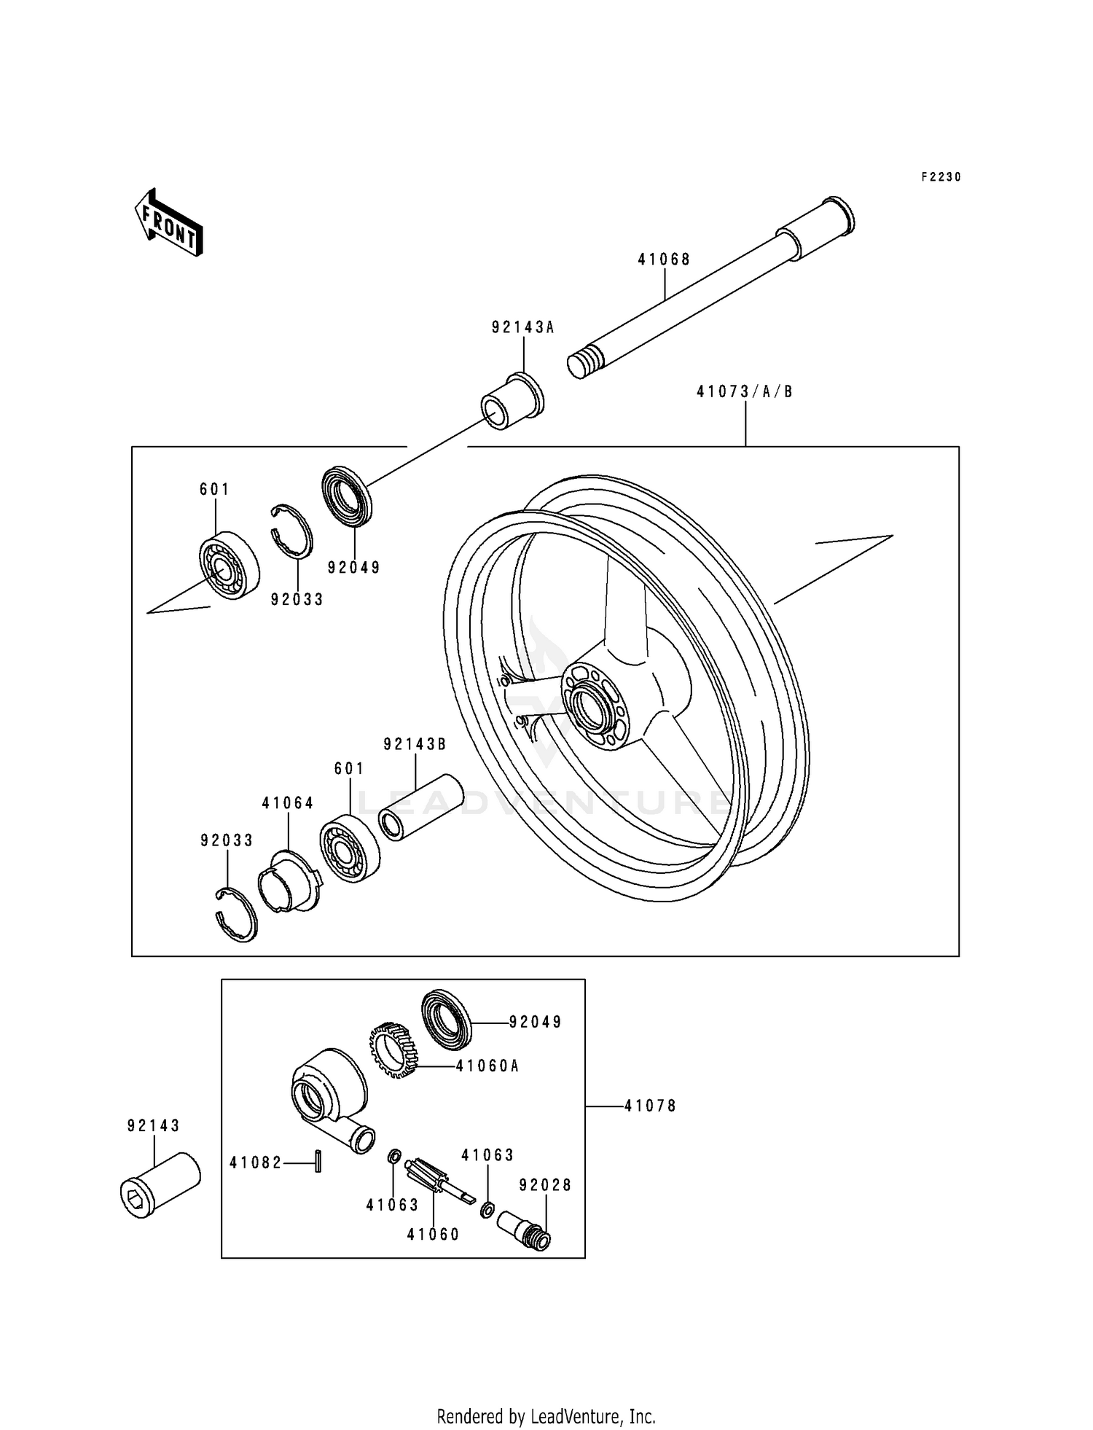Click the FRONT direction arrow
(168, 222)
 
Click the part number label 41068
(664, 259)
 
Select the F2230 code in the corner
(941, 177)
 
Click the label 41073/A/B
(745, 391)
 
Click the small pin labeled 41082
(318, 1161)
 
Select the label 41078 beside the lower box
(650, 1106)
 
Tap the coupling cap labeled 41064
(289, 882)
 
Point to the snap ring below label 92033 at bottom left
(237, 915)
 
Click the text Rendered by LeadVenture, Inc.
(546, 1416)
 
